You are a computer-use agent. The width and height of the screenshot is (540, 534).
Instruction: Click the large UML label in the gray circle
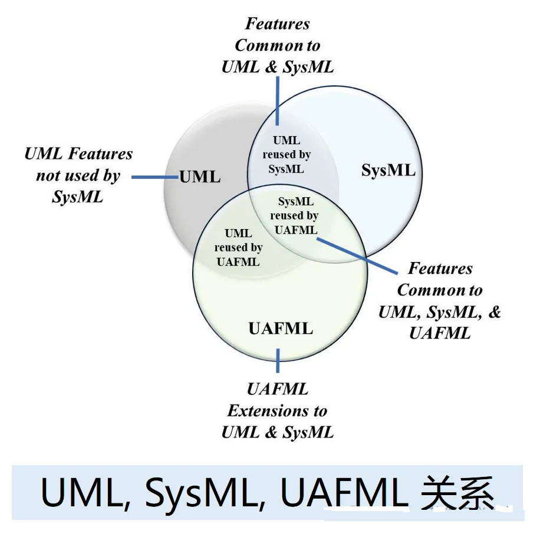point(200,176)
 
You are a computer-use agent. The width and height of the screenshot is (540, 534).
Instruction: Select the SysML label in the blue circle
point(388,171)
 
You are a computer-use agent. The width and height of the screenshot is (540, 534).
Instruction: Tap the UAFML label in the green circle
point(281,328)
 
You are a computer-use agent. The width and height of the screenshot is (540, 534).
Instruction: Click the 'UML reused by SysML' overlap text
point(287,155)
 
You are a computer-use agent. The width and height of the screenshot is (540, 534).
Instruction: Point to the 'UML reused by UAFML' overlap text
point(238,247)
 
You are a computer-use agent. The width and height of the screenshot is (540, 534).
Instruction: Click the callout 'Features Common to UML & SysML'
point(278,45)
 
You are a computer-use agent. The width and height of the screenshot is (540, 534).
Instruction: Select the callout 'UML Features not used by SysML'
point(78,175)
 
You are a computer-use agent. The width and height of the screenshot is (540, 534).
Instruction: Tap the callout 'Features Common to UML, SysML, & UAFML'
point(440,301)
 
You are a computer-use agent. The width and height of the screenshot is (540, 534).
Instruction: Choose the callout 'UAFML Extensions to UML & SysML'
point(278,410)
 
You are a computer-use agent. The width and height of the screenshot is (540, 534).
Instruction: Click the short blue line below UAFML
point(278,360)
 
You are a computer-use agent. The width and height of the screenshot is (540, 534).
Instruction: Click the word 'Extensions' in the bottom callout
point(277,410)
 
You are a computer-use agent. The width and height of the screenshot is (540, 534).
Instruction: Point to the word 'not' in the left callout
point(49,175)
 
